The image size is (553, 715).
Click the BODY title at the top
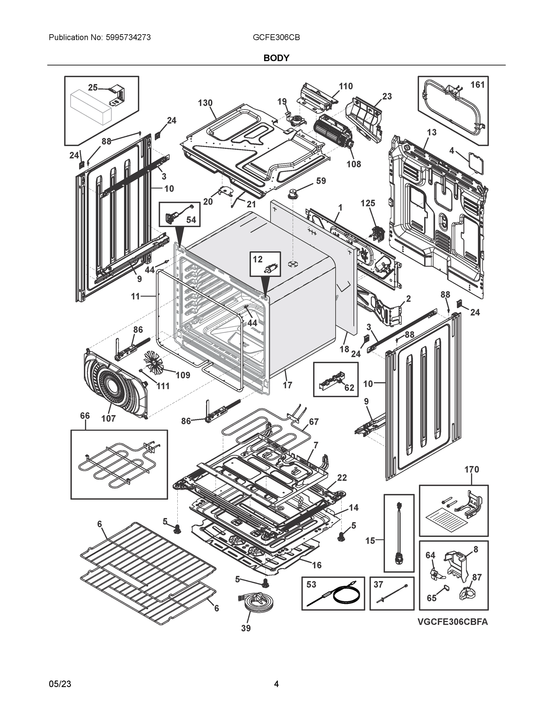click(276, 58)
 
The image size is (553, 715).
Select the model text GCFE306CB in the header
click(276, 38)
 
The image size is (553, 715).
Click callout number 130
click(205, 103)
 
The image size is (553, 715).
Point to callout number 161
click(477, 85)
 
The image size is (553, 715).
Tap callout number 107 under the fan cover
click(108, 418)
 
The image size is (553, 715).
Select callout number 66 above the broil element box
click(85, 416)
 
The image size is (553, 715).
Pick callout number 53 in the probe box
click(311, 585)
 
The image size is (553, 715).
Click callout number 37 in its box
click(378, 585)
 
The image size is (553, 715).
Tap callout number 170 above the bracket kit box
click(471, 470)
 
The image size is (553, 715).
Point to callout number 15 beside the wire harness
click(370, 541)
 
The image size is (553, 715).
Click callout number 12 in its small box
click(258, 259)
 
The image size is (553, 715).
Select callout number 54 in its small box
click(191, 220)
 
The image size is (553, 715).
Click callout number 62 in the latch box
click(349, 388)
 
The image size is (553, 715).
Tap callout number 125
click(368, 203)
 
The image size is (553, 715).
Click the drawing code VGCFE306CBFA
click(453, 622)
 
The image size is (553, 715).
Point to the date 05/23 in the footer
click(60, 684)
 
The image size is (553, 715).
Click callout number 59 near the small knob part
click(321, 181)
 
